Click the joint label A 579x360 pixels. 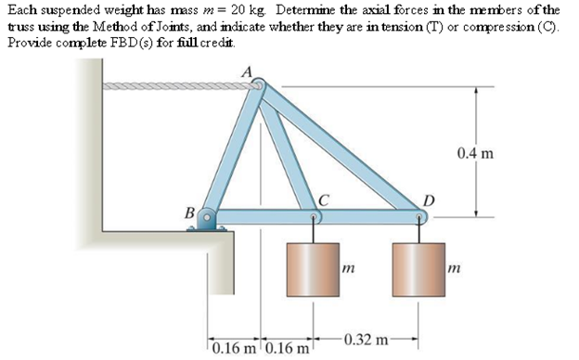pyautogui.click(x=246, y=71)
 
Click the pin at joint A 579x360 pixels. pyautogui.click(x=258, y=87)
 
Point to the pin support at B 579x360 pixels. pyautogui.click(x=209, y=220)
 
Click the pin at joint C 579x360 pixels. pyautogui.click(x=315, y=218)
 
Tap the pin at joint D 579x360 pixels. pyautogui.click(x=421, y=218)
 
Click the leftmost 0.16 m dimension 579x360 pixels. pyautogui.click(x=233, y=350)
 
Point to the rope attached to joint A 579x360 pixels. pyautogui.click(x=176, y=86)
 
